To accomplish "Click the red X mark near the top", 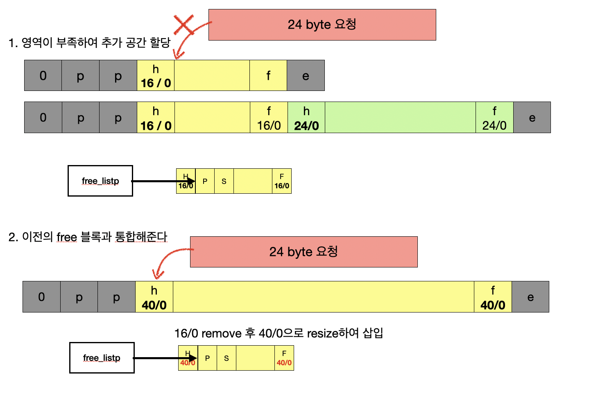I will point(184,25).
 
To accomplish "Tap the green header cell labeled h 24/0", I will point(306,118).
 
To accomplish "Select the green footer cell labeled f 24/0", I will point(494,118).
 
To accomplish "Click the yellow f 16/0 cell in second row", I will point(269,118).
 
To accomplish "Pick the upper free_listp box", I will point(100,181).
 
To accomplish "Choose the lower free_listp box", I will point(102,358).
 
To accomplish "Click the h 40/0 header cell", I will point(154,297).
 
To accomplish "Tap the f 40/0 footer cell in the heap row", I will point(493,297).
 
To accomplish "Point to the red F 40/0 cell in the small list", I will point(284,358).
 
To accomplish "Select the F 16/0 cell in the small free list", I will point(281,181).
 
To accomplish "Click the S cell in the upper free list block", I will point(224,181).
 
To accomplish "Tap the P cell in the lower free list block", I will point(207,358).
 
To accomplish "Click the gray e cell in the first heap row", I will point(306,75).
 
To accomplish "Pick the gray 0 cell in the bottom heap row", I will point(41,297).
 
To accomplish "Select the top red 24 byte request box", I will point(322,25).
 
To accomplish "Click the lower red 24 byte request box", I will point(304,251).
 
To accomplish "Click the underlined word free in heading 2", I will point(67,237).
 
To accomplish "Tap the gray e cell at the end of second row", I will point(532,118).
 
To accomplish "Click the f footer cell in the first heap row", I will point(268,75).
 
